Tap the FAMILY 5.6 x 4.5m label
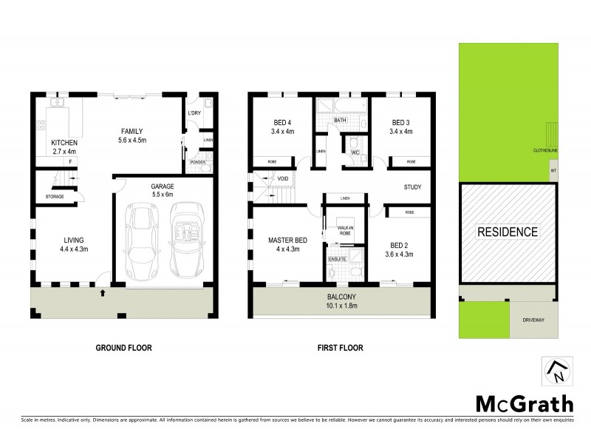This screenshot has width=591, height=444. pos(134,135)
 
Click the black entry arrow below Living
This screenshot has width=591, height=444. pos(102,294)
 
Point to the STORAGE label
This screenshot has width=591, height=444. pos(54,197)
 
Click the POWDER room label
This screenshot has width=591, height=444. pos(197,161)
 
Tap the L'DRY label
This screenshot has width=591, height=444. pos(194,113)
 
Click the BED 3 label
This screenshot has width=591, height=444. pos(400,127)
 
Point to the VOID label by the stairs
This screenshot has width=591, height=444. pos(282,178)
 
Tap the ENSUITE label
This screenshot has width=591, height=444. pos(337,259)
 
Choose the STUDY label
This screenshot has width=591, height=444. pos(412,187)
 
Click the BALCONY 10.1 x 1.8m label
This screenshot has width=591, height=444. pos(341,302)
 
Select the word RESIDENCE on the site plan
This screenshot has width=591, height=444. pos(507,232)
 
